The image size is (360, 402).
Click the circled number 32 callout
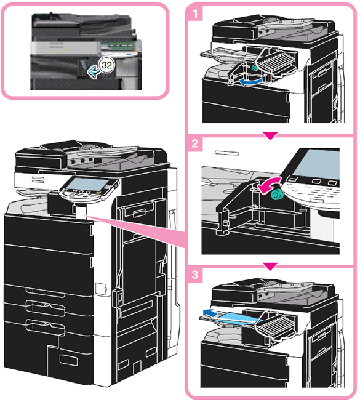(106, 65)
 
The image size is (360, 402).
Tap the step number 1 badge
(195, 14)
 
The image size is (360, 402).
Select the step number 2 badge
(195, 143)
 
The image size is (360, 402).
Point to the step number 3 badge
(195, 275)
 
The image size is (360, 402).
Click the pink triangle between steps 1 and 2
(270, 135)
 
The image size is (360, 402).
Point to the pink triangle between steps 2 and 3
(270, 266)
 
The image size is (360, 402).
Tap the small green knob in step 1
(254, 68)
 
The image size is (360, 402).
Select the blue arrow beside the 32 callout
(93, 71)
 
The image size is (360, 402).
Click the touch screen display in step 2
(317, 164)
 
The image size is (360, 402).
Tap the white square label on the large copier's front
(100, 288)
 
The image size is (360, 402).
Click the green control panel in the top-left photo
(118, 46)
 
